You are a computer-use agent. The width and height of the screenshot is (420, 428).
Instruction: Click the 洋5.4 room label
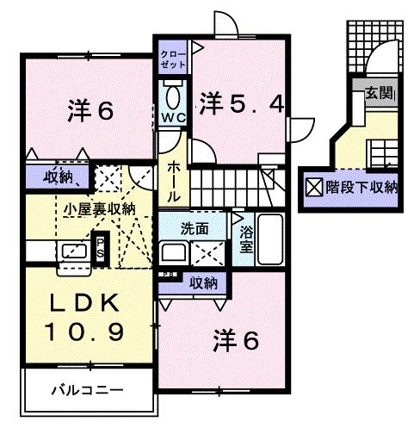(x=240, y=103)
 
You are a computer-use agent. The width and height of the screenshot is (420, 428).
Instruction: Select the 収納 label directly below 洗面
(x=203, y=282)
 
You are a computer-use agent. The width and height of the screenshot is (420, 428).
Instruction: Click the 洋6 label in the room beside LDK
(x=235, y=341)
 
